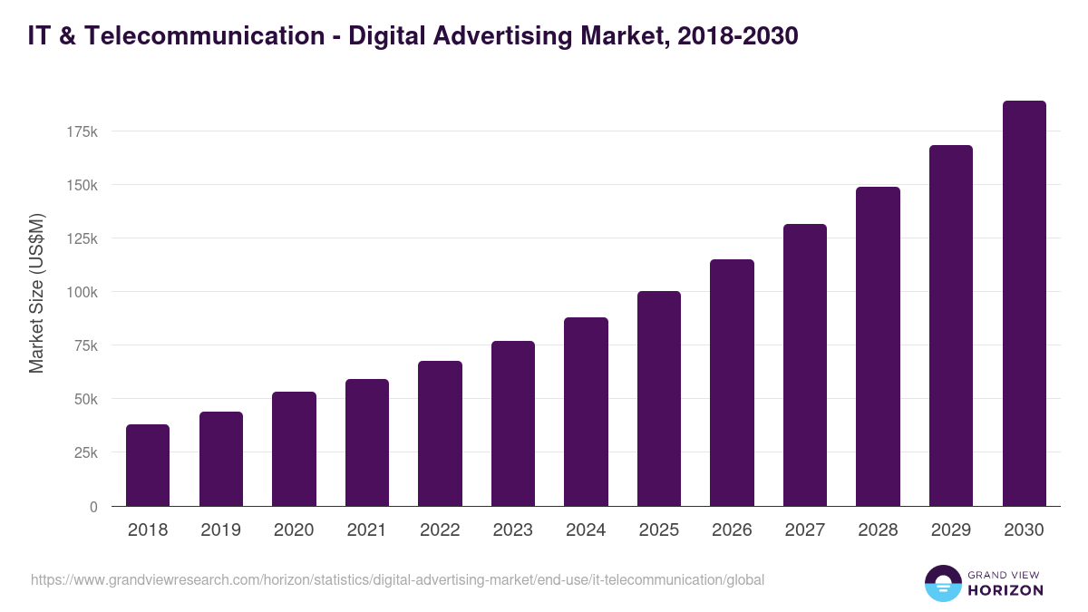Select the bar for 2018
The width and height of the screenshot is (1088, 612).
click(148, 465)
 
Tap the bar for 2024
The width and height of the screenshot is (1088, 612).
click(586, 412)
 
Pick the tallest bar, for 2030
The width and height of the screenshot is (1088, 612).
click(1024, 304)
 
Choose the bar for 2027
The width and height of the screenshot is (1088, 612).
click(805, 365)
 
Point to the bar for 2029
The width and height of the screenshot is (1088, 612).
click(951, 325)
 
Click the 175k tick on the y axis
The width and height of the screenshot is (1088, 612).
click(82, 132)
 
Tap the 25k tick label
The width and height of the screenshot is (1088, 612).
click(84, 453)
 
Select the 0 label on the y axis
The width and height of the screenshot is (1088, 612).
click(93, 507)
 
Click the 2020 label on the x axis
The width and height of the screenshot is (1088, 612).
click(294, 530)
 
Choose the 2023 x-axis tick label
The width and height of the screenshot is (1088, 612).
click(513, 530)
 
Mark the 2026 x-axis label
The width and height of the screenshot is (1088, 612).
click(732, 530)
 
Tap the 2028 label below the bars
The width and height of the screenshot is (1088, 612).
click(878, 530)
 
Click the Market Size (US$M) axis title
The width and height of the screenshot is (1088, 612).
click(36, 293)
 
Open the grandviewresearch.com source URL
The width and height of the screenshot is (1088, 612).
click(398, 579)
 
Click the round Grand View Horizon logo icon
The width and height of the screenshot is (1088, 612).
click(942, 583)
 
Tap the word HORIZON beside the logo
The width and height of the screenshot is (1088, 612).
click(1006, 590)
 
